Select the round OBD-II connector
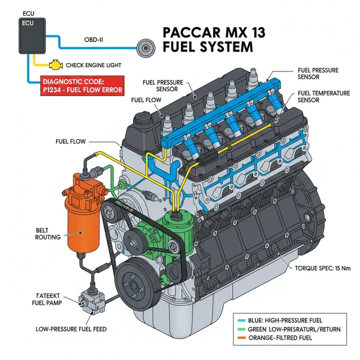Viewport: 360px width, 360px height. coord(145,47)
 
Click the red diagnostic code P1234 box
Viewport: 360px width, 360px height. coord(82,86)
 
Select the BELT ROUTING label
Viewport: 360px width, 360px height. coord(47,233)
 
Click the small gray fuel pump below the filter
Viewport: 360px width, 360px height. coord(90,302)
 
